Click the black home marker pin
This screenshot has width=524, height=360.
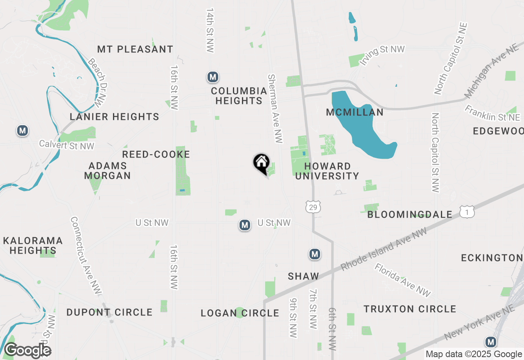(x=261, y=163)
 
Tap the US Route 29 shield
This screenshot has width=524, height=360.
(x=313, y=207)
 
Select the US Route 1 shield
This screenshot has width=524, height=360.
(x=467, y=211)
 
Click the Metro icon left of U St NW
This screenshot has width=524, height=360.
(x=245, y=225)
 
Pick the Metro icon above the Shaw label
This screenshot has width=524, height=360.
(x=314, y=254)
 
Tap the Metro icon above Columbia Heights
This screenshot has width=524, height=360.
(x=212, y=77)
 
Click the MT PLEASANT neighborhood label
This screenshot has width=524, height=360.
(x=135, y=49)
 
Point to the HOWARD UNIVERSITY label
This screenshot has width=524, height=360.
(x=327, y=171)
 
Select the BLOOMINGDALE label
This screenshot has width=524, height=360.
(x=410, y=215)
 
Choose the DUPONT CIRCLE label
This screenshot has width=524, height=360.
(x=109, y=313)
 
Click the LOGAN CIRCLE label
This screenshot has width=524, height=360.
(x=240, y=313)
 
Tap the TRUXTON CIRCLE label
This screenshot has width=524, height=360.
(x=410, y=309)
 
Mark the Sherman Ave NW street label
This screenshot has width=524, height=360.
(x=275, y=108)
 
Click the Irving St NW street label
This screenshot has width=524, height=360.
(x=382, y=55)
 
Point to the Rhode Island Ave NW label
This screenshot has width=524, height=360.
(x=384, y=249)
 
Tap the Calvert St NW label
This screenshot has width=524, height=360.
(x=67, y=145)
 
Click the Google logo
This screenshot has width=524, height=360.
(x=28, y=351)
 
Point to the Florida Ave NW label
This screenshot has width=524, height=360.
(x=402, y=280)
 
